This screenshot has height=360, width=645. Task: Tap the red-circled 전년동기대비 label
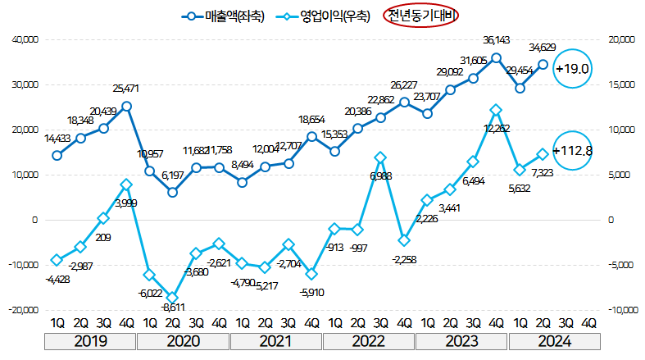click(x=420, y=16)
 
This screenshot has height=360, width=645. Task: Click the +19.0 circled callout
click(x=572, y=69)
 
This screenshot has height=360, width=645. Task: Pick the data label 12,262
click(x=497, y=128)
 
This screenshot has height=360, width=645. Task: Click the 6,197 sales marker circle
click(x=173, y=192)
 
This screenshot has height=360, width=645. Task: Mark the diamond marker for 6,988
click(x=380, y=157)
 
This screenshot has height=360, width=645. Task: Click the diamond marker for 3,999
click(x=126, y=185)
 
